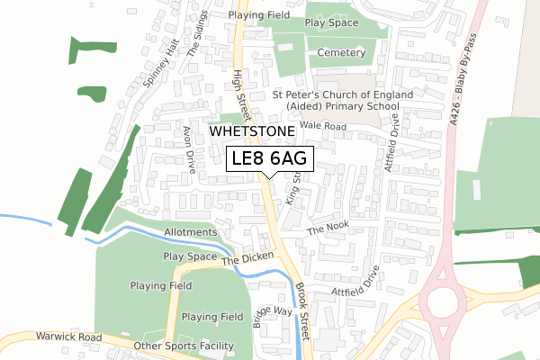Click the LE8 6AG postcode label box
[x=269, y=158]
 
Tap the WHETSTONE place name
[x=252, y=131]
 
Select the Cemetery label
[x=341, y=53]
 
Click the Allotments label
[x=191, y=232]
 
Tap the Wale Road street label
[x=323, y=127]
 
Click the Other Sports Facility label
[x=183, y=346]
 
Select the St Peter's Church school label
[x=342, y=100]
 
